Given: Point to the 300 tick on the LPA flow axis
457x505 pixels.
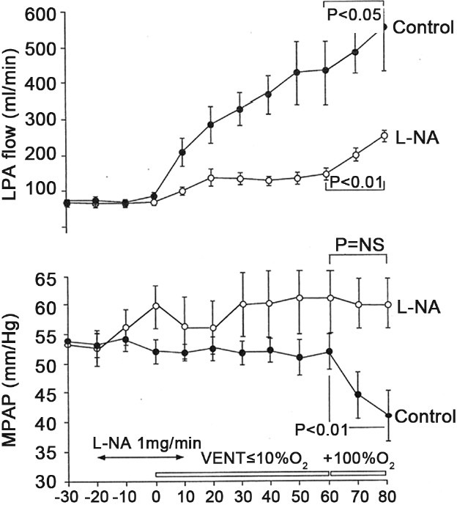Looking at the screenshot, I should click(x=42, y=119).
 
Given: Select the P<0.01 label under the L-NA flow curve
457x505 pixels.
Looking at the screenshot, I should click(x=357, y=181).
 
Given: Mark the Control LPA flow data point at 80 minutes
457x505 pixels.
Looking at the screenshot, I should click(x=385, y=26).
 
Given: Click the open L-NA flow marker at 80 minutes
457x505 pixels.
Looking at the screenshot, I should click(x=385, y=136).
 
